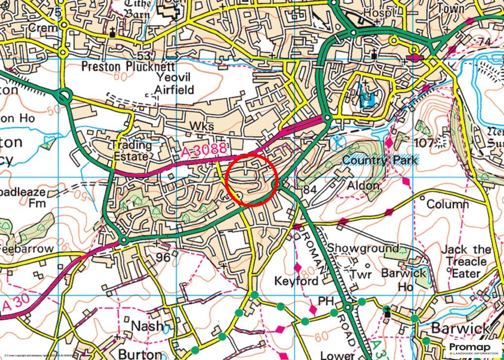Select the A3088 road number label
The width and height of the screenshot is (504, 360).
click(x=203, y=150)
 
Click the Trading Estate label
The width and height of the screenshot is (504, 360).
click(x=132, y=150)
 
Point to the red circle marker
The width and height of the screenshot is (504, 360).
click(x=252, y=180)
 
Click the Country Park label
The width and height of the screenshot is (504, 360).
click(x=379, y=160)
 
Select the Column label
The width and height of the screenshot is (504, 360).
click(x=447, y=204)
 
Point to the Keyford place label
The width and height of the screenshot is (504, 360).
click(x=296, y=281)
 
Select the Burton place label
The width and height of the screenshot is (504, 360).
click(x=140, y=354)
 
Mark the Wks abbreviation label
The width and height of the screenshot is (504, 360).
click(x=202, y=127)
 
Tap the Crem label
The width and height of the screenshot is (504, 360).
click(x=43, y=29)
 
